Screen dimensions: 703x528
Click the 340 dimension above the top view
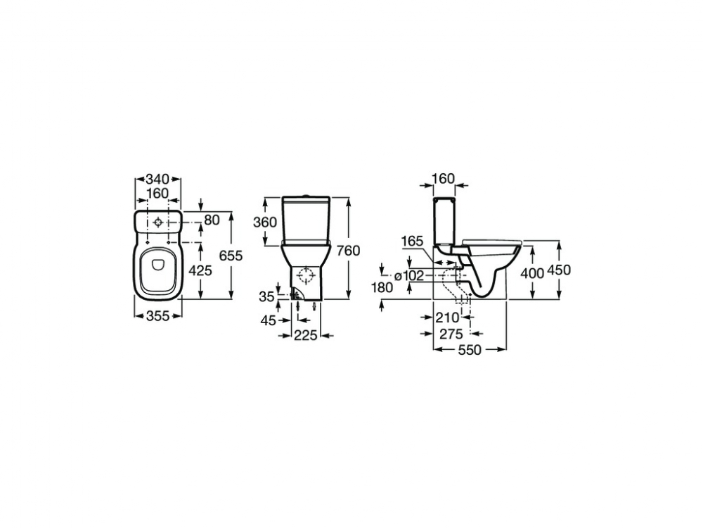tap(157, 179)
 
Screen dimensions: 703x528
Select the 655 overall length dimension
tap(231, 256)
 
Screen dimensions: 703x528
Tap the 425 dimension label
tap(200, 270)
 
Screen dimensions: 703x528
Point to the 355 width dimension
tap(158, 316)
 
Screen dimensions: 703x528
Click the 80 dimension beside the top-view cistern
tap(212, 220)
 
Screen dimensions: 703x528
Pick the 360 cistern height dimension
tap(265, 222)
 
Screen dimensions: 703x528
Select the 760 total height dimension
tap(349, 250)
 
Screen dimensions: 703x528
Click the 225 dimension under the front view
tap(305, 335)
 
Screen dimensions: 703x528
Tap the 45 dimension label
tap(268, 320)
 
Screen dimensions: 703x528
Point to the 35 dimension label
tap(266, 297)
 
